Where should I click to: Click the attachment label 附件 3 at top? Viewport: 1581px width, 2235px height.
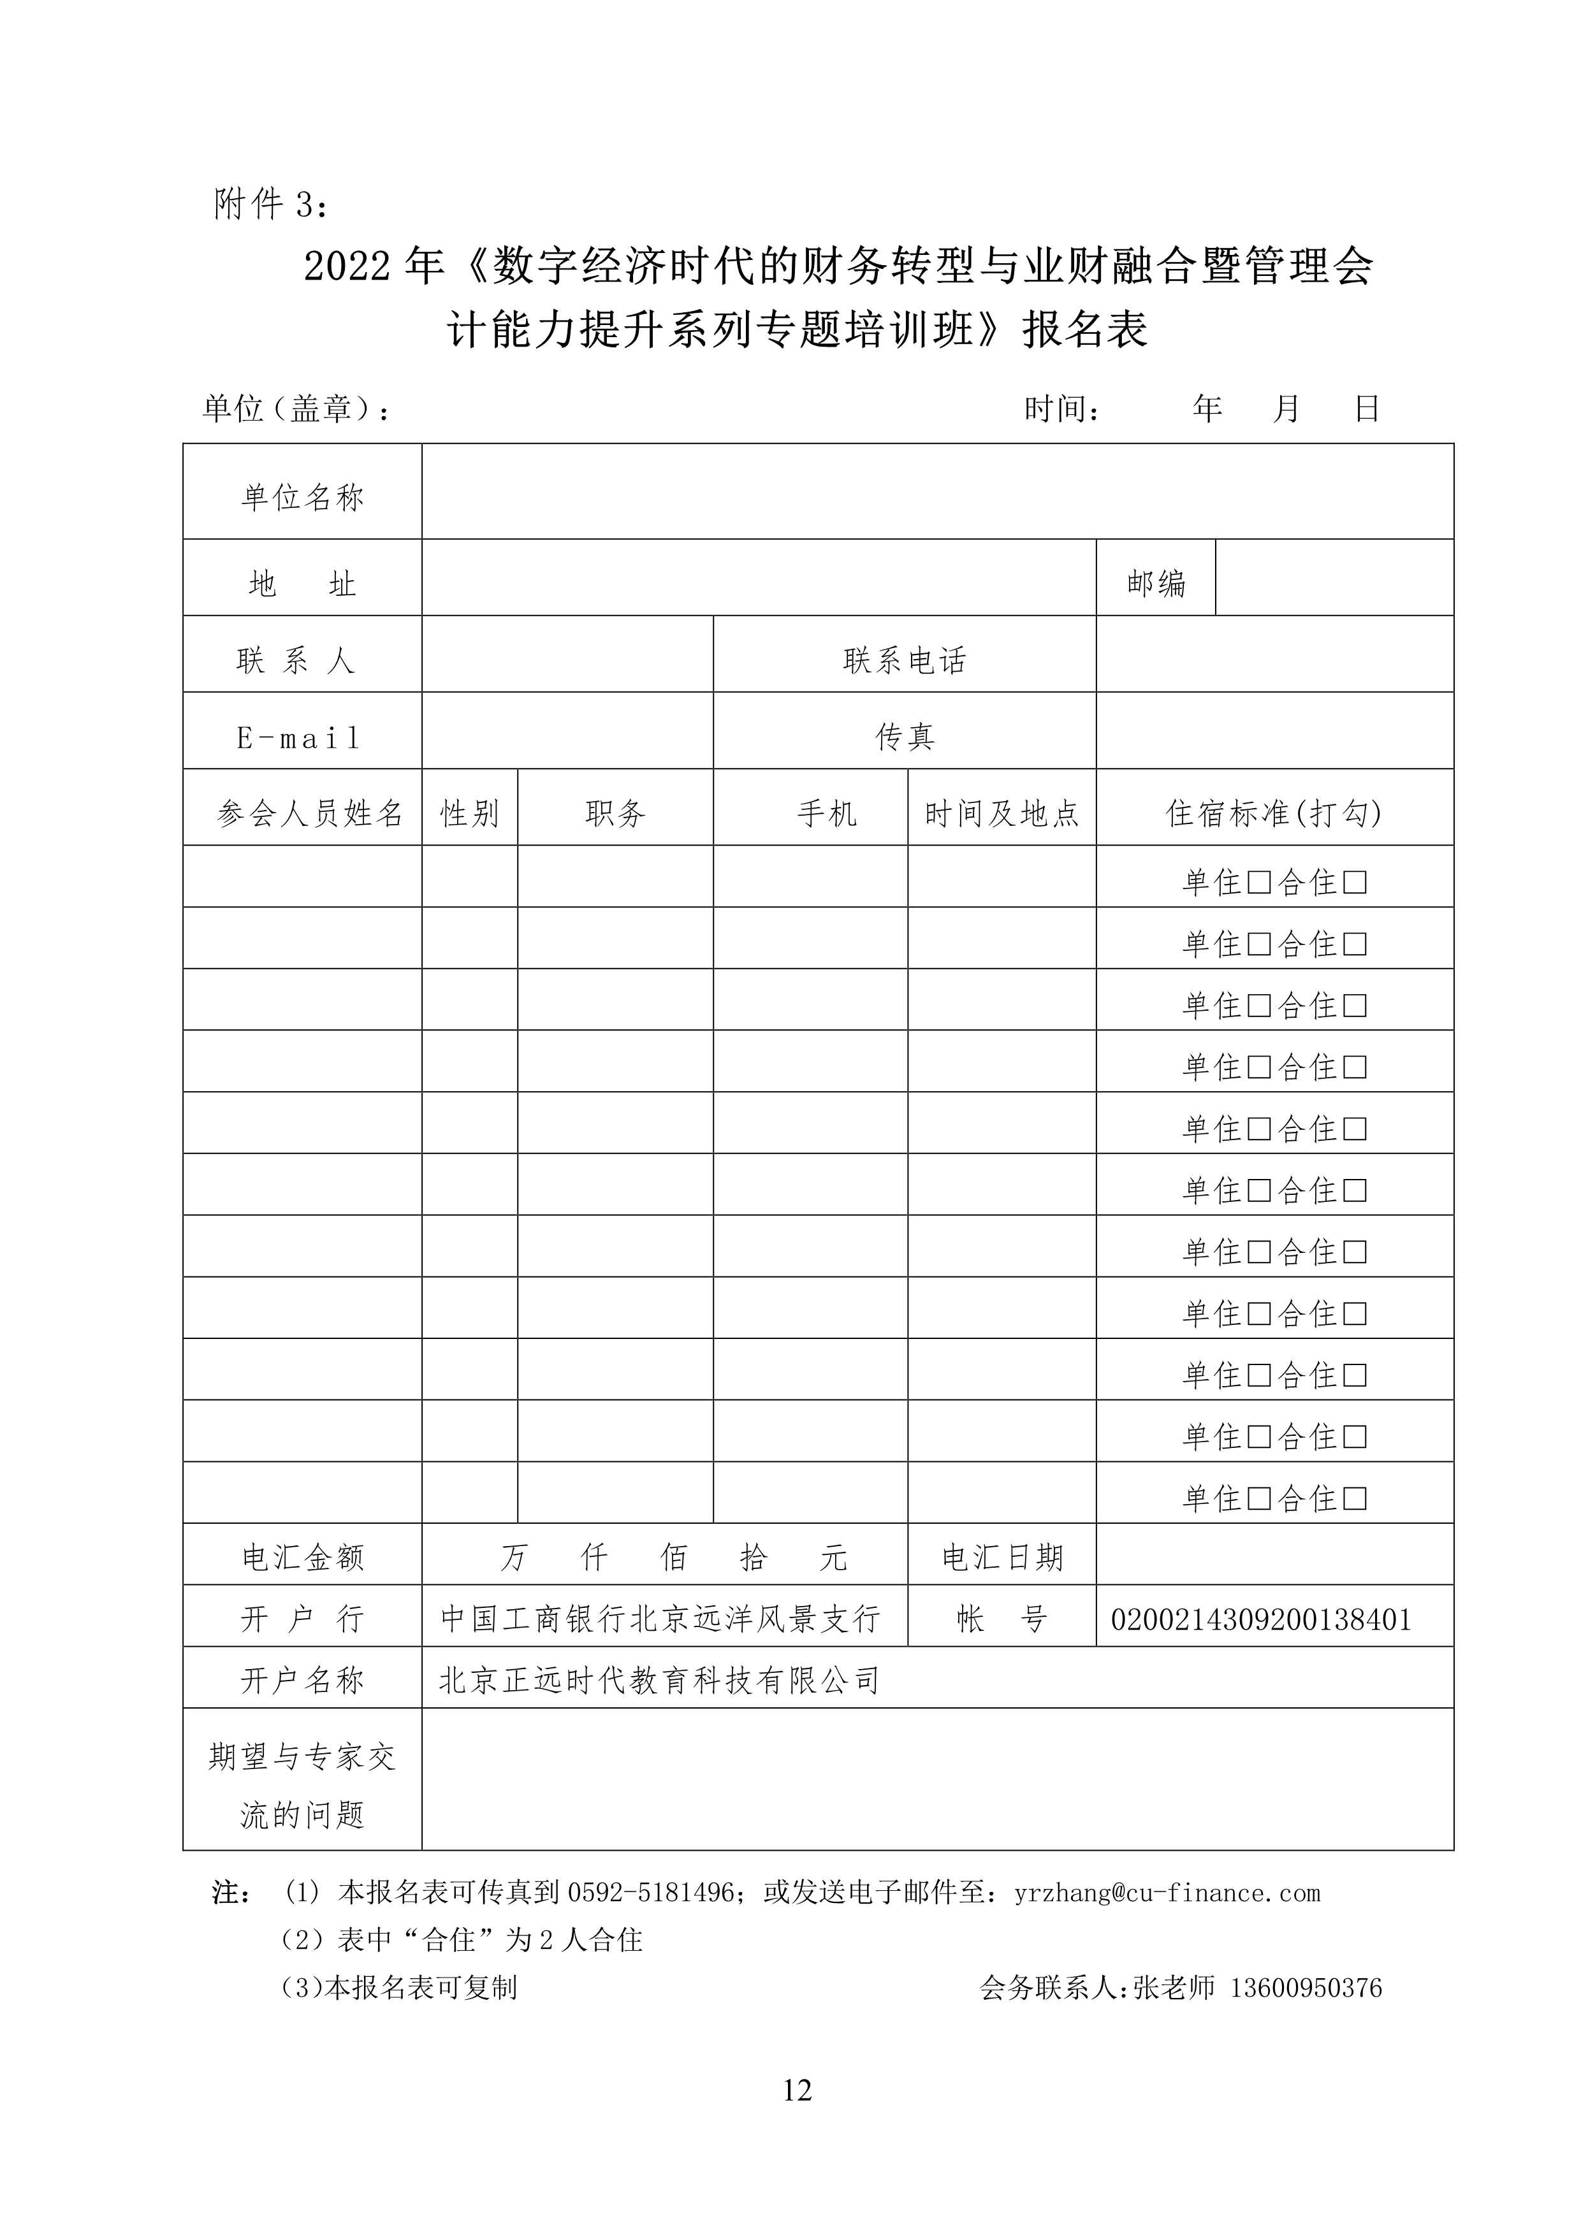click(272, 205)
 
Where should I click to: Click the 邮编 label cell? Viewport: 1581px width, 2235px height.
click(1156, 583)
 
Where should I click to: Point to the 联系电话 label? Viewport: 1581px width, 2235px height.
click(905, 661)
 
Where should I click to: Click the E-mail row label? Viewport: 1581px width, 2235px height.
click(299, 738)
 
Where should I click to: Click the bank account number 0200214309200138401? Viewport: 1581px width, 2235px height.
click(1261, 1619)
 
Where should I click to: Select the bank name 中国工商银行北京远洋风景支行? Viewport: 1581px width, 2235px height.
click(660, 1619)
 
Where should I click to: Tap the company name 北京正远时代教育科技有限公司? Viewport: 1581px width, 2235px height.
click(660, 1680)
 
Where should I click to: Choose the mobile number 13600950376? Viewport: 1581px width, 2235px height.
click(1306, 1987)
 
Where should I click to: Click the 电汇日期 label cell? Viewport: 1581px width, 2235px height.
click(1002, 1558)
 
